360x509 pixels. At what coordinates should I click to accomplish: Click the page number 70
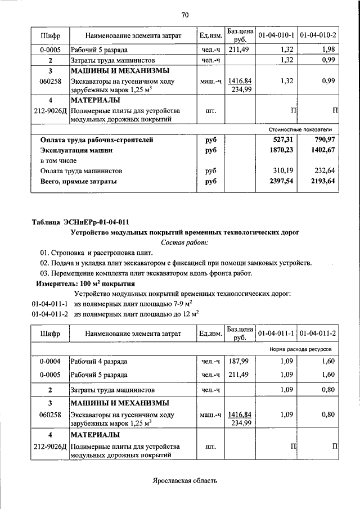(x=184, y=14)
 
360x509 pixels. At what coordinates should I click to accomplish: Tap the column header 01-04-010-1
(x=276, y=35)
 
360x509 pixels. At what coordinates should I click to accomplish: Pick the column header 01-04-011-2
(x=318, y=334)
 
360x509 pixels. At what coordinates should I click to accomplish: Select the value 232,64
(x=324, y=170)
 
